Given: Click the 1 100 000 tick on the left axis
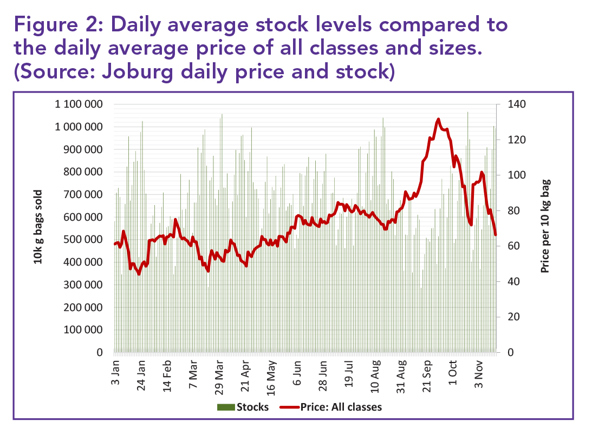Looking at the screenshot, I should click(x=80, y=104).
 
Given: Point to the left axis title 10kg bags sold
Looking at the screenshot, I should click(x=38, y=227).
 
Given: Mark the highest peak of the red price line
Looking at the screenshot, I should click(x=438, y=119).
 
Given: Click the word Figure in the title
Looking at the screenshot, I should click(x=48, y=25).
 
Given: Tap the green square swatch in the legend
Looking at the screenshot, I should click(x=225, y=407).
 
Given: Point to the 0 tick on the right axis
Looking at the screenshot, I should click(x=507, y=353).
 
